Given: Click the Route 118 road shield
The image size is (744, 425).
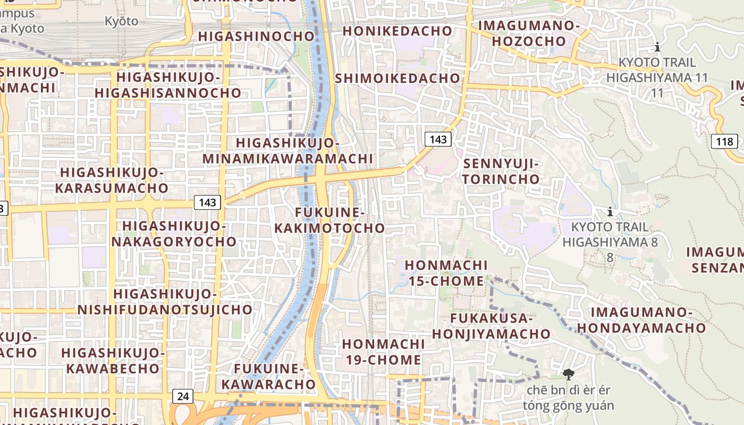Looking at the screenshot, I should (x=724, y=142).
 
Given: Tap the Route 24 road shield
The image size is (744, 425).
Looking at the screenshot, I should (x=183, y=396).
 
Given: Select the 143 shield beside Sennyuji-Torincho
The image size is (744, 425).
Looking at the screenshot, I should (x=438, y=139).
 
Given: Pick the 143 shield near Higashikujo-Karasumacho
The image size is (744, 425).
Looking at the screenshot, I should (x=207, y=202).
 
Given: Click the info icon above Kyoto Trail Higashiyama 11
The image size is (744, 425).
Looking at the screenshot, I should (x=657, y=47).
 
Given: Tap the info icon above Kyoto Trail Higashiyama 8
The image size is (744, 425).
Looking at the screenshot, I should (x=610, y=211).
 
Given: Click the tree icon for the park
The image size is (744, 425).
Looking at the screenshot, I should (x=568, y=375).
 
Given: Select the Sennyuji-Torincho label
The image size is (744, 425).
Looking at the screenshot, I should (x=501, y=172).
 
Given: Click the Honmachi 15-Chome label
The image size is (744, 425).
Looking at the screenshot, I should (x=446, y=273).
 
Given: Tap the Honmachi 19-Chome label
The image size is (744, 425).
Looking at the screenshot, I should (x=383, y=352).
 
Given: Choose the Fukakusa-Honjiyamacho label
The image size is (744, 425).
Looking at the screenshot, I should (x=491, y=326).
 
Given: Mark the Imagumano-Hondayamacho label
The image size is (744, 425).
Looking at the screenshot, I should (x=641, y=320).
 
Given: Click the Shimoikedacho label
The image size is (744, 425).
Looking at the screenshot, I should (x=398, y=78).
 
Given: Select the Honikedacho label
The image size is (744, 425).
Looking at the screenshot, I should (x=397, y=31).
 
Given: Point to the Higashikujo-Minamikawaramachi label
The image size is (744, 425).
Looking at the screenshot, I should (x=288, y=151).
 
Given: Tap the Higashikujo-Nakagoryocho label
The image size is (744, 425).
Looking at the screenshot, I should (x=174, y=234).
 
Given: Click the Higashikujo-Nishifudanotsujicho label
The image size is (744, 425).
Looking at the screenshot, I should (x=165, y=302).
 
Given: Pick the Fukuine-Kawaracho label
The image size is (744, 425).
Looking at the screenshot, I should (x=268, y=376).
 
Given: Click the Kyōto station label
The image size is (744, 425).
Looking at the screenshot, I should (x=121, y=22).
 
